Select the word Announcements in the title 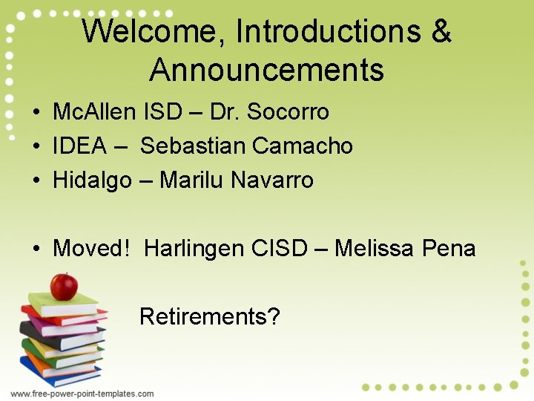click(x=266, y=71)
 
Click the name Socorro click(x=288, y=112)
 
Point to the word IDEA click(x=79, y=146)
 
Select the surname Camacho click(x=303, y=146)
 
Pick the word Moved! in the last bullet click(x=91, y=248)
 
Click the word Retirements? click(x=210, y=317)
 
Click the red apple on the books click(x=64, y=286)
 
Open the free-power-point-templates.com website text click(x=82, y=394)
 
